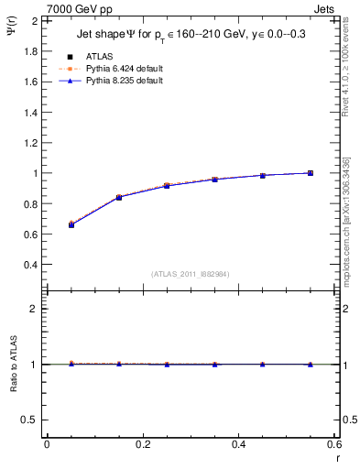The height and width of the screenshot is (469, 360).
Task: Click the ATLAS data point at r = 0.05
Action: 71,224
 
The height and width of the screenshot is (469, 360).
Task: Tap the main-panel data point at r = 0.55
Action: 311,173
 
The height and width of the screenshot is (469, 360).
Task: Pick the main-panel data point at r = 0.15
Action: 119,197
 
